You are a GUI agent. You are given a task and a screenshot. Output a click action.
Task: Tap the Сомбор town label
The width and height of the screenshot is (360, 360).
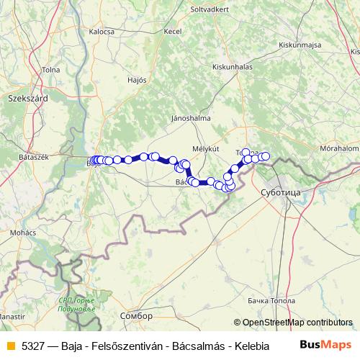coord(138,316)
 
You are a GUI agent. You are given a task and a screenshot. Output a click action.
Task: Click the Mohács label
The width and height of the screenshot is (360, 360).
coord(23,234)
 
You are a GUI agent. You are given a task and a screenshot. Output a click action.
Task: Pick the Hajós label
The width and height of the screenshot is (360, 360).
coord(136,80)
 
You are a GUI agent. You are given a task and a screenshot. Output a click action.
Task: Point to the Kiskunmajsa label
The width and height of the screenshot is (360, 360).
coord(300,45)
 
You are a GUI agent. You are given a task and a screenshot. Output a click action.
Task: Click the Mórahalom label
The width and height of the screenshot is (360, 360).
coord(340,148)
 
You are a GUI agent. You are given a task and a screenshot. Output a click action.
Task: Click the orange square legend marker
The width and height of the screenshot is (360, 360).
coord(11,346)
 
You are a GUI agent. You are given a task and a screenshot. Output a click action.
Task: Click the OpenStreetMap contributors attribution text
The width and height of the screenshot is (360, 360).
coord(297,323)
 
